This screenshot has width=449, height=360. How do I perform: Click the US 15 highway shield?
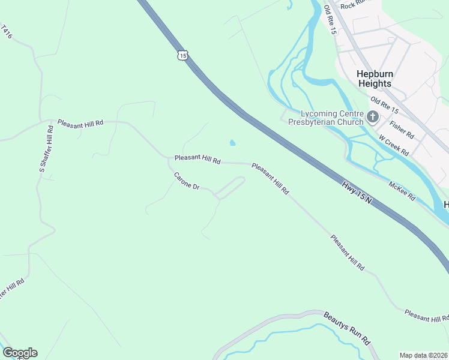(182, 55)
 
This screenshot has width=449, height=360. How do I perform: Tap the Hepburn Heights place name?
(374, 79)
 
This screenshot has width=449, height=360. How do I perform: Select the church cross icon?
(373, 116)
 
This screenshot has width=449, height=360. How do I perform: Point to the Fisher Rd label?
(402, 130)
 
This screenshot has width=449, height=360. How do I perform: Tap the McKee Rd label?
(402, 191)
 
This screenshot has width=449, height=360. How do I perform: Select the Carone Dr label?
(186, 181)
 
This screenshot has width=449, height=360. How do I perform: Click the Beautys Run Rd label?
(346, 327)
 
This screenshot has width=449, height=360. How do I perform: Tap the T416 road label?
(7, 32)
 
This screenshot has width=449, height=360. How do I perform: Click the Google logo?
(20, 353)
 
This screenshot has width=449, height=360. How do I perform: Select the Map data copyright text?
(423, 355)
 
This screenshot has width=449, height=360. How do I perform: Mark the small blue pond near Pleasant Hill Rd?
(232, 143)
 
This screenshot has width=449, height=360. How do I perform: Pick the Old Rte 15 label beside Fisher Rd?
(384, 106)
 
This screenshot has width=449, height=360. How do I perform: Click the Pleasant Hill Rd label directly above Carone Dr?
(197, 160)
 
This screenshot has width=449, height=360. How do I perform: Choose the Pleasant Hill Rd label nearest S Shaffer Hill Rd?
(80, 122)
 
